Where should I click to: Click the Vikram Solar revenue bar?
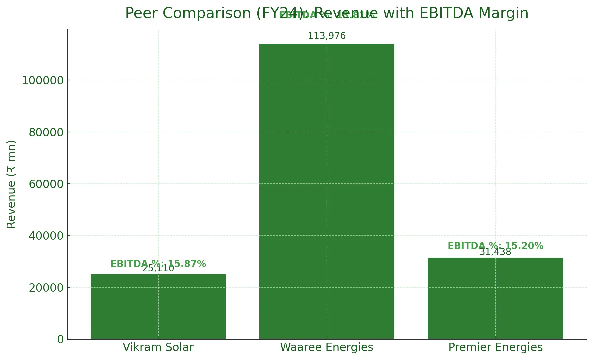click(158, 306)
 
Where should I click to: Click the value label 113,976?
click(327, 36)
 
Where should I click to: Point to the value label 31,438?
click(495, 252)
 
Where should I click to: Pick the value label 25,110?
click(158, 269)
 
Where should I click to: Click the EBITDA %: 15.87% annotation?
click(158, 264)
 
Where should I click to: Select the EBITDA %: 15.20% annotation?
click(495, 246)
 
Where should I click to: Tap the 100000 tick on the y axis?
click(43, 81)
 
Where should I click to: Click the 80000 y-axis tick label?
click(46, 133)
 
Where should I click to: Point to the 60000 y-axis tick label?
click(46, 184)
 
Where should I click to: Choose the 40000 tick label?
click(46, 236)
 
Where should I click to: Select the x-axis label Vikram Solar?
click(158, 347)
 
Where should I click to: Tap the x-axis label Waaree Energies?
click(327, 347)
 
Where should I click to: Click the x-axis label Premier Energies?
click(495, 347)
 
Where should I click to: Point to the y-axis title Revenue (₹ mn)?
click(11, 184)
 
